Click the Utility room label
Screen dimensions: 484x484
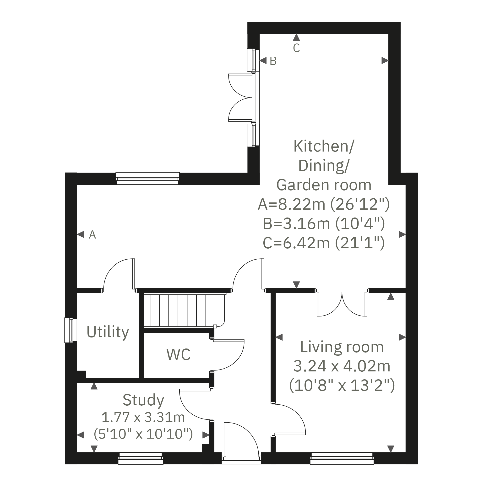(108, 332)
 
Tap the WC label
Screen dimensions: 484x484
(178, 354)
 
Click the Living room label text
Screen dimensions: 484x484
(342, 347)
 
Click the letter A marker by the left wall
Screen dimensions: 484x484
(92, 235)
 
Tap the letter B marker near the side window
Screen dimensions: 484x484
(273, 61)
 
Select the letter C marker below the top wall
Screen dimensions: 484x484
(296, 48)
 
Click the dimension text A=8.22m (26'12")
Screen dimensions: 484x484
(324, 204)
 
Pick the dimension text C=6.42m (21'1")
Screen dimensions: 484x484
(324, 243)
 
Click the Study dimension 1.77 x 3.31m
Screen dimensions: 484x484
(143, 417)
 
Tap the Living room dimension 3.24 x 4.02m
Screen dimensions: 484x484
(342, 366)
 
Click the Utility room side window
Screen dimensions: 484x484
(71, 330)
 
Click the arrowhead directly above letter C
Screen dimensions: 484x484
(296, 38)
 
